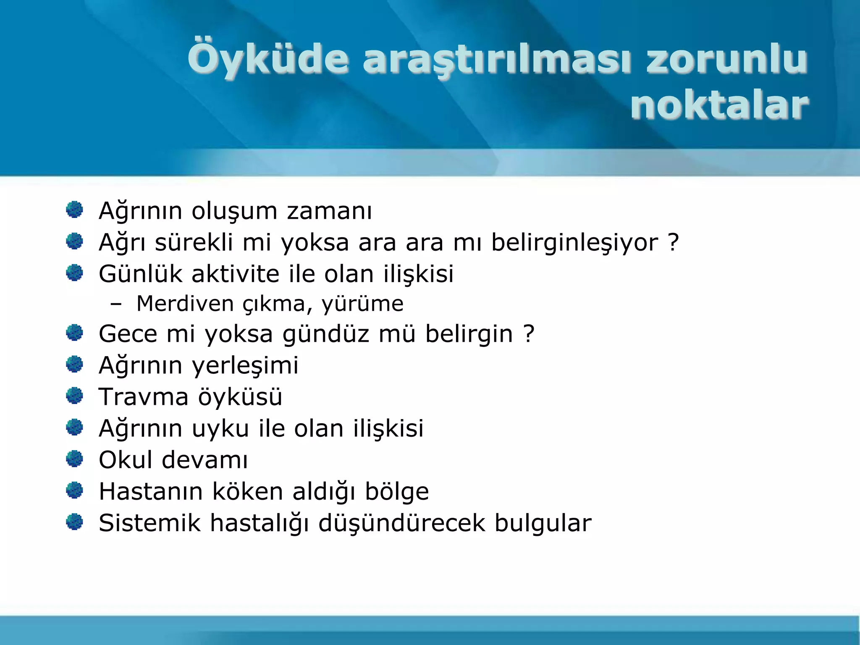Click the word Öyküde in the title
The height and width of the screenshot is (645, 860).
[x=268, y=60]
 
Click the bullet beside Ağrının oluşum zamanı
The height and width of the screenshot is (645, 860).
[x=75, y=210]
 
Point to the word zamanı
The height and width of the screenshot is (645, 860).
[x=329, y=211]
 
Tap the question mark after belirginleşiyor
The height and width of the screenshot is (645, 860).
[x=673, y=242]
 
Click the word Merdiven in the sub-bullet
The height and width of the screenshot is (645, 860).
[x=185, y=304]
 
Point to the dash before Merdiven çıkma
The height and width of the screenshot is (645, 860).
[x=116, y=304]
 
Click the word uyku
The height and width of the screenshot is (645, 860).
[x=220, y=429]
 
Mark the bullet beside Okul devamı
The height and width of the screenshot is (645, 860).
[x=75, y=459]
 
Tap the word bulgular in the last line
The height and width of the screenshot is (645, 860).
[x=543, y=523]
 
